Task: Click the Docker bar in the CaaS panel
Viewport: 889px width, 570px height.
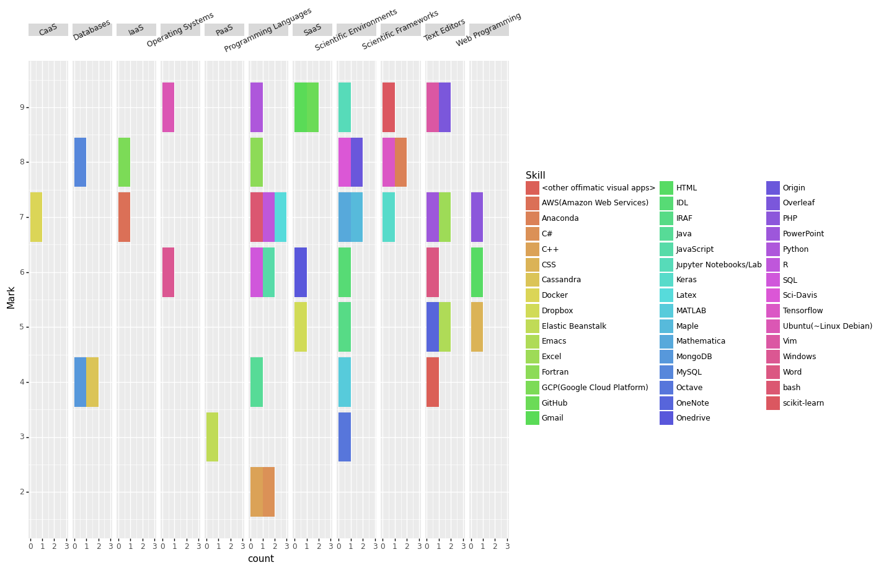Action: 36,217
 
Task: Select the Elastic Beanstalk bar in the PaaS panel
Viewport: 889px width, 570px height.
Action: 212,437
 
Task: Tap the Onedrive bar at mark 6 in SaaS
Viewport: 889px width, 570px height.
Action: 301,272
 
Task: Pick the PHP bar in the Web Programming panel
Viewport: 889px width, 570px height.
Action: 477,217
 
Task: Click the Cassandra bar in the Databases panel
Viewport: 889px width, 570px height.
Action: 92,382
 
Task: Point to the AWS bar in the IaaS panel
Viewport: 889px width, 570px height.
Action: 124,217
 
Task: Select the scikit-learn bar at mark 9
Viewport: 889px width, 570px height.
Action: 389,107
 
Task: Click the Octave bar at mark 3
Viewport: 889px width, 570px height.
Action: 345,437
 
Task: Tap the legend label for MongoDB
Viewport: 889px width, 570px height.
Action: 694,357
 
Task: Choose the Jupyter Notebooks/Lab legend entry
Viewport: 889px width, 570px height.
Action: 719,265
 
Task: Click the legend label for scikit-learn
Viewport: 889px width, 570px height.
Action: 803,403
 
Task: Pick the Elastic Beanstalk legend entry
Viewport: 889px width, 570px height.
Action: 573,326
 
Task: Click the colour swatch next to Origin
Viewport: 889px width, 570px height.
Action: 773,188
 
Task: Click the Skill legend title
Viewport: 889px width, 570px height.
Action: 536,176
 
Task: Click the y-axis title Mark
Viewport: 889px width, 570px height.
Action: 11,298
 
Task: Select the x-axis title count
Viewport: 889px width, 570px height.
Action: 260,559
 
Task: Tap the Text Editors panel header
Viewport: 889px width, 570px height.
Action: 444,30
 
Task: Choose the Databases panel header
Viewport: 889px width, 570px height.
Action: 92,30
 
